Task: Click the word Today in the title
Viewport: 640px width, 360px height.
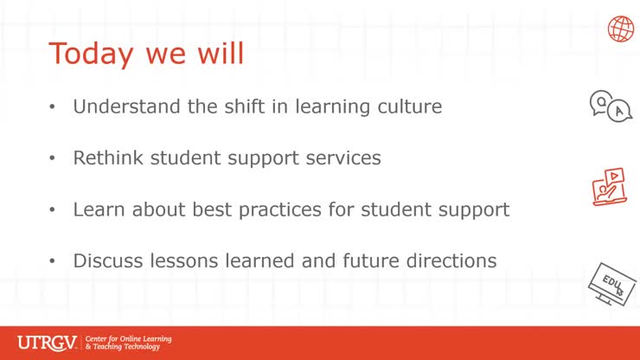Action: [x=91, y=54]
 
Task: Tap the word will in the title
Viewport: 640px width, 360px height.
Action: [x=218, y=53]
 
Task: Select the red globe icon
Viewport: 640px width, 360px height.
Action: [x=620, y=29]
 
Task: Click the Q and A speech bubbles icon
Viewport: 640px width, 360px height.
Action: [x=610, y=106]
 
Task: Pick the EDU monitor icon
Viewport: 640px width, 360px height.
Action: [x=611, y=282]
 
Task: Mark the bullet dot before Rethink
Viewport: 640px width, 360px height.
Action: [x=53, y=159]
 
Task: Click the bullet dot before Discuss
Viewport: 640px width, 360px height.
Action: [x=53, y=260]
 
